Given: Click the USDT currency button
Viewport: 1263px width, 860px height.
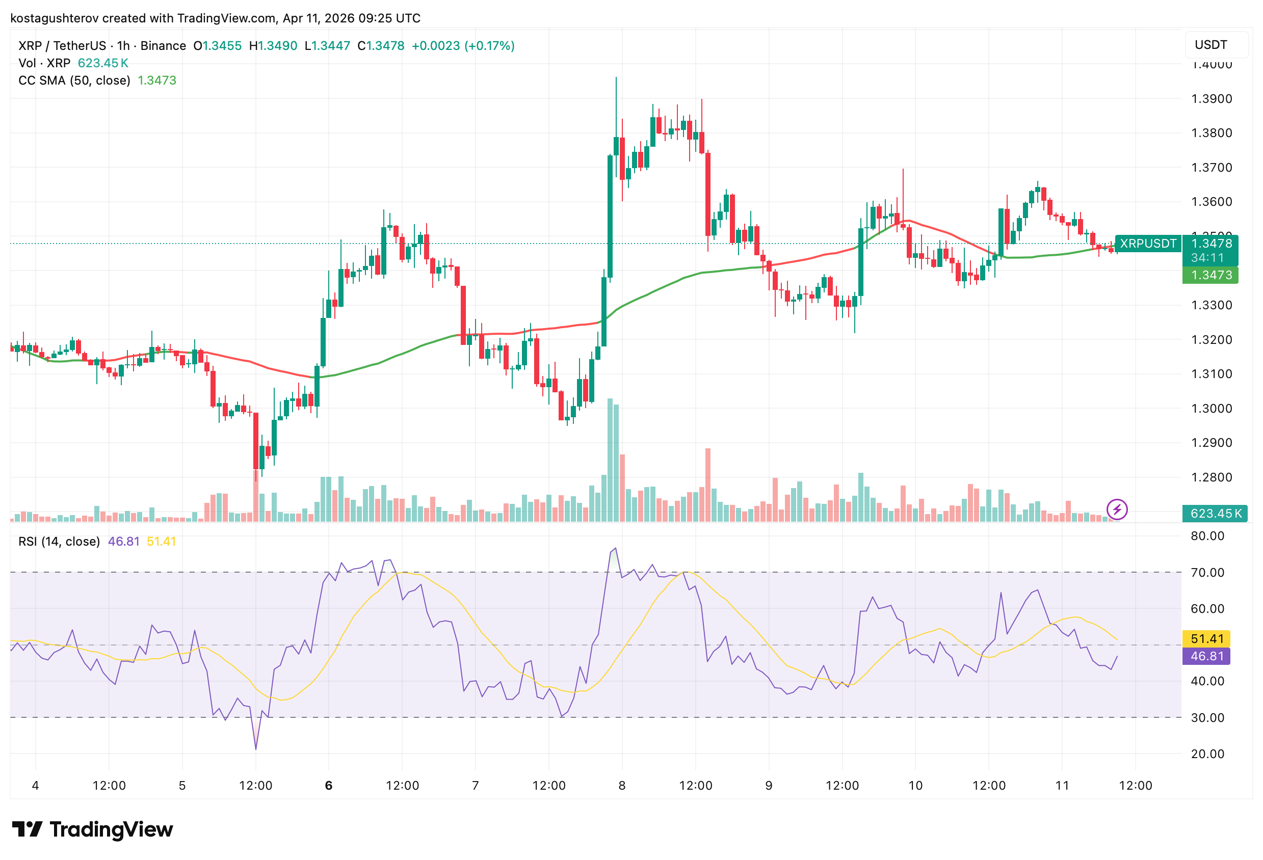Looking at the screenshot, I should coord(1211,44).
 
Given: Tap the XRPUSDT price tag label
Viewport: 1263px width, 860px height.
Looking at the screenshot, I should coord(1148,244).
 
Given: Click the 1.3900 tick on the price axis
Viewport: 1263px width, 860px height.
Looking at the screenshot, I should coord(1212,99).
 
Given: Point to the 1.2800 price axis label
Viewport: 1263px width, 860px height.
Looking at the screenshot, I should coord(1212,477).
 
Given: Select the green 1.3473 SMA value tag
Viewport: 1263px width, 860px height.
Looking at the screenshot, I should coord(1211,275).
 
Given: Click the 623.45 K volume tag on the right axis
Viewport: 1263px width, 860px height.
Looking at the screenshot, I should coord(1215,514).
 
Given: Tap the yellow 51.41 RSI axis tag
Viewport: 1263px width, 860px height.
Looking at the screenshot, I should coord(1206,638).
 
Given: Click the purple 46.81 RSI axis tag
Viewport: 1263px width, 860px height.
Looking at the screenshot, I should coord(1206,656).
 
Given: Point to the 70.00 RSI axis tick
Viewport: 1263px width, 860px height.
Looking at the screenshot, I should coord(1207,572).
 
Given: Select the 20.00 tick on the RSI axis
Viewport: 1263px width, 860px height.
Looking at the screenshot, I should coord(1207,754).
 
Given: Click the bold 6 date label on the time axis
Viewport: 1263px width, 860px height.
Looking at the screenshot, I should coord(328,785).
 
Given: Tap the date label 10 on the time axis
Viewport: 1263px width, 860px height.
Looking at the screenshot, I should coord(915,785).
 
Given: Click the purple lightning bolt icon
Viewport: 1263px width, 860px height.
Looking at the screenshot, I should coord(1117,509).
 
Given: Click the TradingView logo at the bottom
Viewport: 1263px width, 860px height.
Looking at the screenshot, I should coord(92,829).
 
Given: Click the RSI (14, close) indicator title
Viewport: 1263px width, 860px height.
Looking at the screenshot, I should coord(59,541).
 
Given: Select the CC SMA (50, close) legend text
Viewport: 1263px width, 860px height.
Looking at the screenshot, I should coord(74,80).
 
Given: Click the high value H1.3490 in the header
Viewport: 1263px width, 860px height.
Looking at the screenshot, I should coord(273,46).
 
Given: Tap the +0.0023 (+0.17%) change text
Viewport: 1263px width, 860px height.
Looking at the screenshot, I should coord(462,46).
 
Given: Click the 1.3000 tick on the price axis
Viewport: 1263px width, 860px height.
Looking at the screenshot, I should coord(1212,409).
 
